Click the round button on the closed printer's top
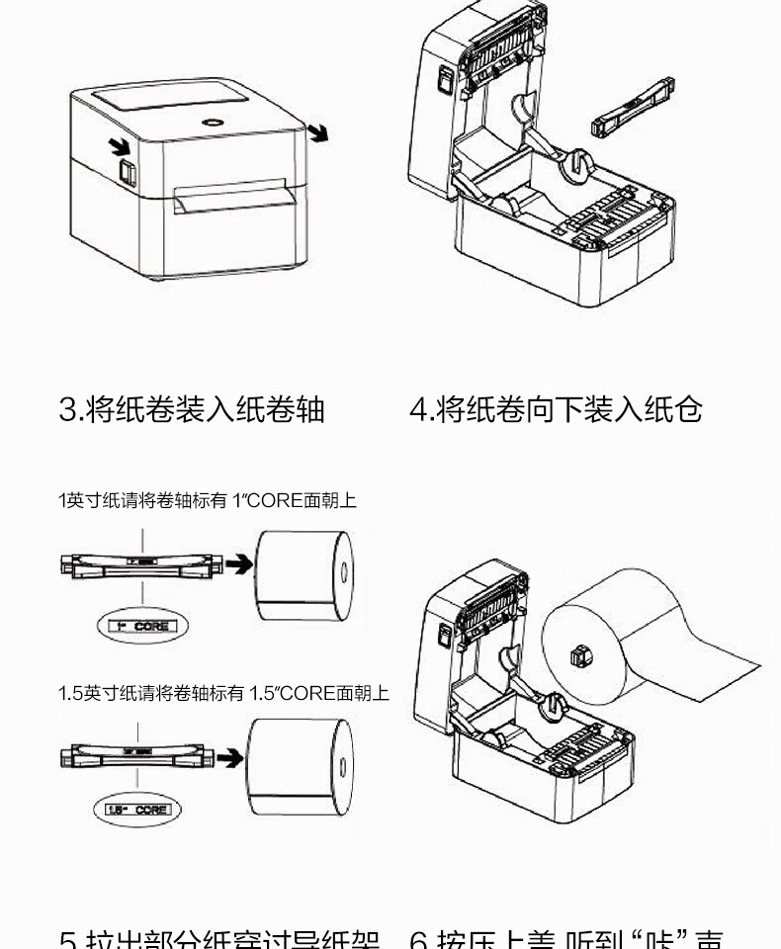214,122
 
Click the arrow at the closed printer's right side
318,132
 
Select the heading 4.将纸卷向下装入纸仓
556,409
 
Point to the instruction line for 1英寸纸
207,501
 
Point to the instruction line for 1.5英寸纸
222,693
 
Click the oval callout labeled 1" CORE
141,626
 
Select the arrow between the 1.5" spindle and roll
228,758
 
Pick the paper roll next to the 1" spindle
304,575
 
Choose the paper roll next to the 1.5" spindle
298,767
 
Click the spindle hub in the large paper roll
579,654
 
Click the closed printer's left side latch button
127,172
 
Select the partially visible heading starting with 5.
218,939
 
